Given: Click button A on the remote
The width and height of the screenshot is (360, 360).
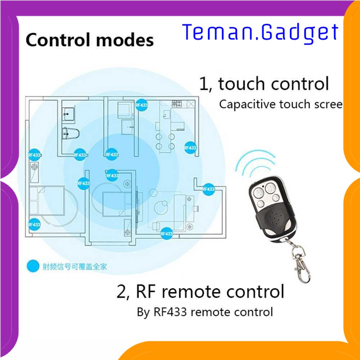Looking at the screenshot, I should [x=257, y=194].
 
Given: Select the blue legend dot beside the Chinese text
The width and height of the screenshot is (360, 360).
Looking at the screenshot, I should [x=34, y=266].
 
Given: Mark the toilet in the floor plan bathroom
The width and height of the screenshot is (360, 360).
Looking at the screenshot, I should [x=71, y=133].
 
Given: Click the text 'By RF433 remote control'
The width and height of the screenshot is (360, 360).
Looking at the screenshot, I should [x=205, y=312].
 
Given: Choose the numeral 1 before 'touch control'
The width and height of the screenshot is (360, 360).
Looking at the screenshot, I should [x=204, y=84].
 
